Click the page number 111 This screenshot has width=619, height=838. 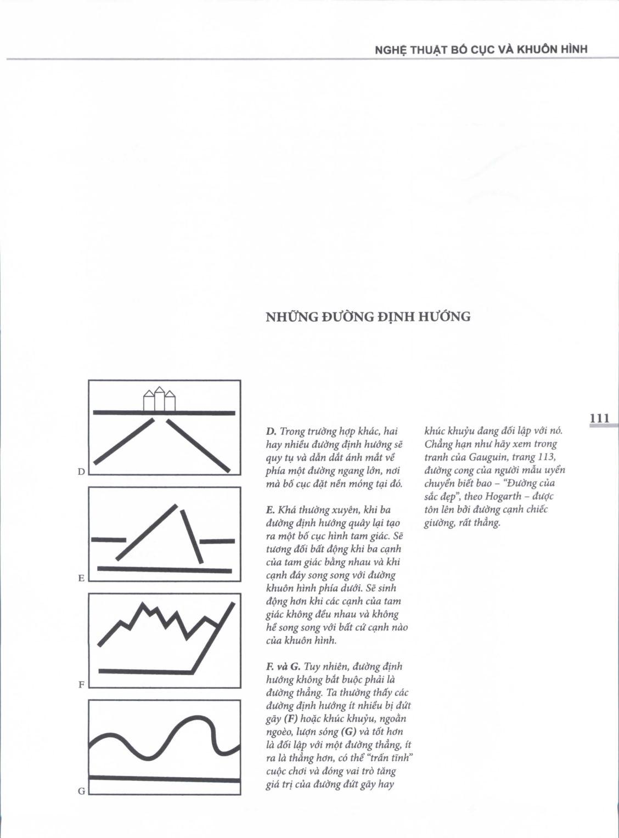[x=599, y=418]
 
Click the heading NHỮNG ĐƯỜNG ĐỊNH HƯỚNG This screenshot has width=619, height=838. [x=368, y=317]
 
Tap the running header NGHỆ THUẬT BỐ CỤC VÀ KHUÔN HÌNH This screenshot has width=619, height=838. [x=481, y=49]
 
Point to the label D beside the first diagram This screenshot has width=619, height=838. [x=81, y=472]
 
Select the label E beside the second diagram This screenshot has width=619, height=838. [x=81, y=578]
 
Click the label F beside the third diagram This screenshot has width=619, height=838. [x=81, y=684]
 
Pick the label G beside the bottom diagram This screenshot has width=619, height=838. [x=81, y=791]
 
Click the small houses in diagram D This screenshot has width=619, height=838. [x=159, y=400]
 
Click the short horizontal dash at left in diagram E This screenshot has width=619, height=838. [x=108, y=540]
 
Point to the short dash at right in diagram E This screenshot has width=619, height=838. [x=217, y=541]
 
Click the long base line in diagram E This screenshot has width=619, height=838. [x=165, y=570]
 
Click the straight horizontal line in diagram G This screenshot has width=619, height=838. [x=165, y=778]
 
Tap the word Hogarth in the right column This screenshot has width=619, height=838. [x=502, y=496]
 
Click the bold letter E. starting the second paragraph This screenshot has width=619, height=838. [x=271, y=510]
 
